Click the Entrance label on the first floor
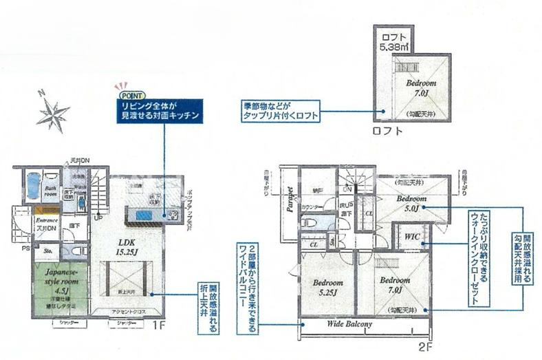coord(47,220)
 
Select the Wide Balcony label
coord(349,324)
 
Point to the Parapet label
coord(290,201)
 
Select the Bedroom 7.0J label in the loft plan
coord(422,87)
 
